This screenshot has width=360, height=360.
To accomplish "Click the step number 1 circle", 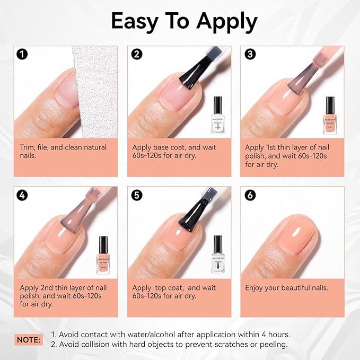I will (22, 54).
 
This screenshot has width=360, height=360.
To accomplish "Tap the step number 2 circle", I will (136, 54).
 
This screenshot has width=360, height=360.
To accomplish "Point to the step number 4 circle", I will (22, 195).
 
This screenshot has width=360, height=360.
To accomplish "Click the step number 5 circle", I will (136, 195).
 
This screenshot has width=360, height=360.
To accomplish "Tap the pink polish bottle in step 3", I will (330, 115).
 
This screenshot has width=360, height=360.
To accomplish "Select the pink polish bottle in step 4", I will (102, 255).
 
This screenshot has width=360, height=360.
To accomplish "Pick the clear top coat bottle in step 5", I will (217, 254).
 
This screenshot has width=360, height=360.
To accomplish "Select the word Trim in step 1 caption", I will (29, 147).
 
